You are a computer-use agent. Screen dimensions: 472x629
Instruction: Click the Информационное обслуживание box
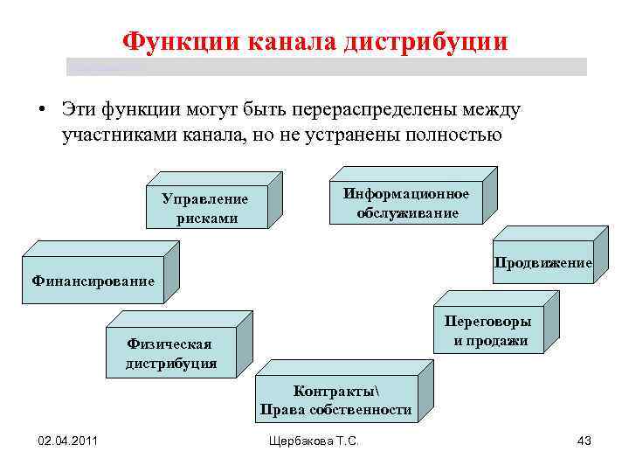pos(406,203)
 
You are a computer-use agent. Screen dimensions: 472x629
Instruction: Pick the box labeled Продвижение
pos(543,262)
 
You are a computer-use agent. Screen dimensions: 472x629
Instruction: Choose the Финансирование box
pos(93,281)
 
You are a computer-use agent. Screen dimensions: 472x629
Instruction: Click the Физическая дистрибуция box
pos(170,353)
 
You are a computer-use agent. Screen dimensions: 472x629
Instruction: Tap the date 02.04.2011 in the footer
pos(67,441)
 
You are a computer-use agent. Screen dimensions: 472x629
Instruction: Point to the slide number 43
pos(584,441)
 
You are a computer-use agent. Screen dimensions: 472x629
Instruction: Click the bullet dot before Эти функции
pos(41,111)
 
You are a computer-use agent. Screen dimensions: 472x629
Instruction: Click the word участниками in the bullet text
pos(107,135)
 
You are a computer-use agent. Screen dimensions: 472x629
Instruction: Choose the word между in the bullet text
pos(494,110)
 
